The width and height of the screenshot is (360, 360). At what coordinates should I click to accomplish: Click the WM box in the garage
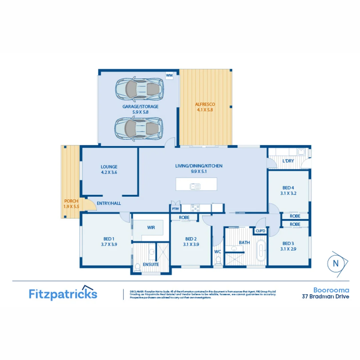[169, 76]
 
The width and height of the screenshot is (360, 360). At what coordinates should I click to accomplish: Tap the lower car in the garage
[140, 128]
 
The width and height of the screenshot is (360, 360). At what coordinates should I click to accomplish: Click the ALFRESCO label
[205, 104]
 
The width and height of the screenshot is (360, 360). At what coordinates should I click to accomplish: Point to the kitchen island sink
[195, 186]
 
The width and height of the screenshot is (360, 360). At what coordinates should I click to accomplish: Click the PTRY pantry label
[175, 209]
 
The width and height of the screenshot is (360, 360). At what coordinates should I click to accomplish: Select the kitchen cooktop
[195, 208]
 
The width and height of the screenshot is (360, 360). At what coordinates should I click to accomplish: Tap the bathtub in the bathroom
[261, 250]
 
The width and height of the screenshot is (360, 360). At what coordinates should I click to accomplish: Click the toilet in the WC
[218, 259]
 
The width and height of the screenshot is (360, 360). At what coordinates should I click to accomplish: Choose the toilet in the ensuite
[137, 267]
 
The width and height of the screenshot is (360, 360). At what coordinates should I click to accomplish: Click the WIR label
[151, 228]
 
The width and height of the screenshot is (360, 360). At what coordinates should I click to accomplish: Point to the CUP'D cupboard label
[260, 231]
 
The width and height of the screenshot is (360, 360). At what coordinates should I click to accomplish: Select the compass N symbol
[336, 263]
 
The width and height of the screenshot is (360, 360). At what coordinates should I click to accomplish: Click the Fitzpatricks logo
[63, 294]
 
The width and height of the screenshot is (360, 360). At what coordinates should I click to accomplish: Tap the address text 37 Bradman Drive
[325, 296]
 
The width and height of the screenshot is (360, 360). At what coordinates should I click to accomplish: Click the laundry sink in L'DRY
[301, 152]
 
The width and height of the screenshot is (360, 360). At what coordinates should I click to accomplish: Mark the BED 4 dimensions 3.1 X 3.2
[289, 192]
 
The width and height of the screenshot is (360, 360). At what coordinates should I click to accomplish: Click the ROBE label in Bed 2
[184, 217]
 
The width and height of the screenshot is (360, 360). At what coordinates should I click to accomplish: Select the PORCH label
[71, 201]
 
